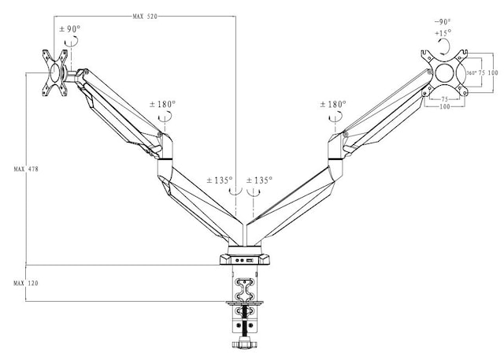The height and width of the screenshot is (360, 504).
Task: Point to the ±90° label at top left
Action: point(70,29)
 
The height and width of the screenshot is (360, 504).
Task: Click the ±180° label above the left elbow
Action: point(164,104)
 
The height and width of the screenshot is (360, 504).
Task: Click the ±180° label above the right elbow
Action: point(334,104)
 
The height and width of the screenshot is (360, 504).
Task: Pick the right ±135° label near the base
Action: point(260,180)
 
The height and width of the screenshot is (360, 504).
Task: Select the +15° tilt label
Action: point(443,33)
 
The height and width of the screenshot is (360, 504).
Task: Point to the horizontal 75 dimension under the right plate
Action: point(445,99)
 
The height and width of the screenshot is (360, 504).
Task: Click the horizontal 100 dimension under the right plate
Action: point(445,107)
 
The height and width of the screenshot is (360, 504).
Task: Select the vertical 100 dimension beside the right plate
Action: point(493,72)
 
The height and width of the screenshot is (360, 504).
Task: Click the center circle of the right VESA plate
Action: point(446,72)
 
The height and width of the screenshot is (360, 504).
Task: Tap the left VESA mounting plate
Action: point(56,72)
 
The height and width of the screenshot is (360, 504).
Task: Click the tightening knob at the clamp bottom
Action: point(245,344)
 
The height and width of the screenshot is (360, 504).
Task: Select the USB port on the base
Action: point(247,260)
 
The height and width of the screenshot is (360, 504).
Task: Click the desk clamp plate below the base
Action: point(245,304)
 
